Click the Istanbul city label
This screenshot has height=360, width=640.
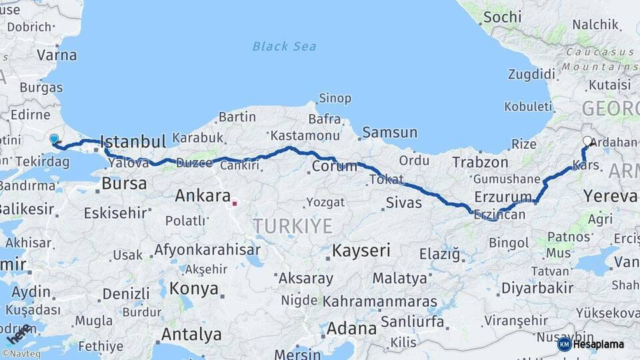(x=133, y=141)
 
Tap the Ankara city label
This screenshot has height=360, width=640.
(x=201, y=196)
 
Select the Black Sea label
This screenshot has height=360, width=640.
(x=284, y=46)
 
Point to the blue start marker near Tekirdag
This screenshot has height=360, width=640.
(x=54, y=139)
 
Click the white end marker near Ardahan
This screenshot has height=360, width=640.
(x=587, y=141)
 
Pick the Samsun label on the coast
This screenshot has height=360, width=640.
(x=389, y=133)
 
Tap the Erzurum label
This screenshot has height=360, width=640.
(x=502, y=197)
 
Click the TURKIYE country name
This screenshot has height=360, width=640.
(x=293, y=226)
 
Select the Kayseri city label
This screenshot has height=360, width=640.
(x=361, y=251)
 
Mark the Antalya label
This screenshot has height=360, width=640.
(x=191, y=333)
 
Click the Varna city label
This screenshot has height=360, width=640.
(x=57, y=55)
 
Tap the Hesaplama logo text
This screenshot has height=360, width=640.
(x=598, y=344)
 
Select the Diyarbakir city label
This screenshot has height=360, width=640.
(x=537, y=288)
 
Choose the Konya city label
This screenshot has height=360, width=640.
(x=194, y=289)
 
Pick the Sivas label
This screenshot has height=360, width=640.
(x=404, y=203)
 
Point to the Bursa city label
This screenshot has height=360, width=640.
(x=124, y=183)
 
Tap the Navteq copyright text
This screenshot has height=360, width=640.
(x=21, y=354)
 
